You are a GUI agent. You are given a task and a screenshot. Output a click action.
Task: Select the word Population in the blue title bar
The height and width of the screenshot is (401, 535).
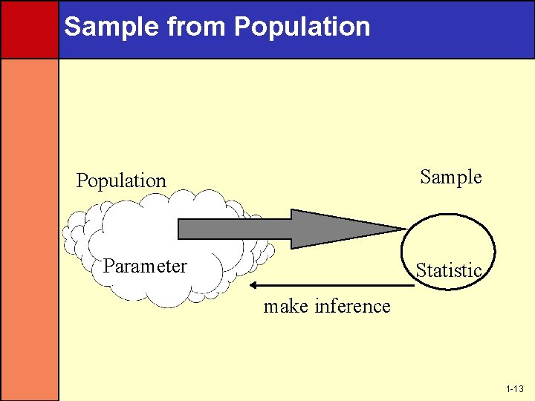tap(302, 27)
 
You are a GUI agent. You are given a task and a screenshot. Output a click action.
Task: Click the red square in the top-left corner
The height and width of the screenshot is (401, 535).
tap(29, 29)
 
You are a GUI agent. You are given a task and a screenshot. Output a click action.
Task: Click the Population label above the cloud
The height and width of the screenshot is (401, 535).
tap(121, 180)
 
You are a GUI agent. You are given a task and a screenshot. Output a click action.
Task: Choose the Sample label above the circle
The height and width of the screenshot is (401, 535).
tap(450, 177)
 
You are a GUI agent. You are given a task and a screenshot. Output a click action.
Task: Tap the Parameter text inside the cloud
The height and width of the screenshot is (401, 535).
tap(145, 266)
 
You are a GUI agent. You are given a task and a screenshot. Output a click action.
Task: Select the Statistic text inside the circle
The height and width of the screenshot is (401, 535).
tap(449, 271)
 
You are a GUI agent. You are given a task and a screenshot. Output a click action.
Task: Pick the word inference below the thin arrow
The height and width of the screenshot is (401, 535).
tap(352, 306)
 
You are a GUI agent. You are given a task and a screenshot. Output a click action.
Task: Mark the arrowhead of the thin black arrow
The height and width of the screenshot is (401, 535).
tap(254, 285)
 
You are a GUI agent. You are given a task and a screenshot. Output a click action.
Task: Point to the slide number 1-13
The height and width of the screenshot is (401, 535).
tap(514, 389)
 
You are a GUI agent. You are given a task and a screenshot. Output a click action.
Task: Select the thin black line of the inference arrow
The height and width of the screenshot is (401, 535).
tap(334, 285)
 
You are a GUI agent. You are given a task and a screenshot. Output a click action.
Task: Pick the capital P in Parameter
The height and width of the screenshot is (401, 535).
tap(108, 266)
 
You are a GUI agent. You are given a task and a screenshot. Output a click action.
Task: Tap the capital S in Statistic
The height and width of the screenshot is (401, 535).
tap(420, 271)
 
